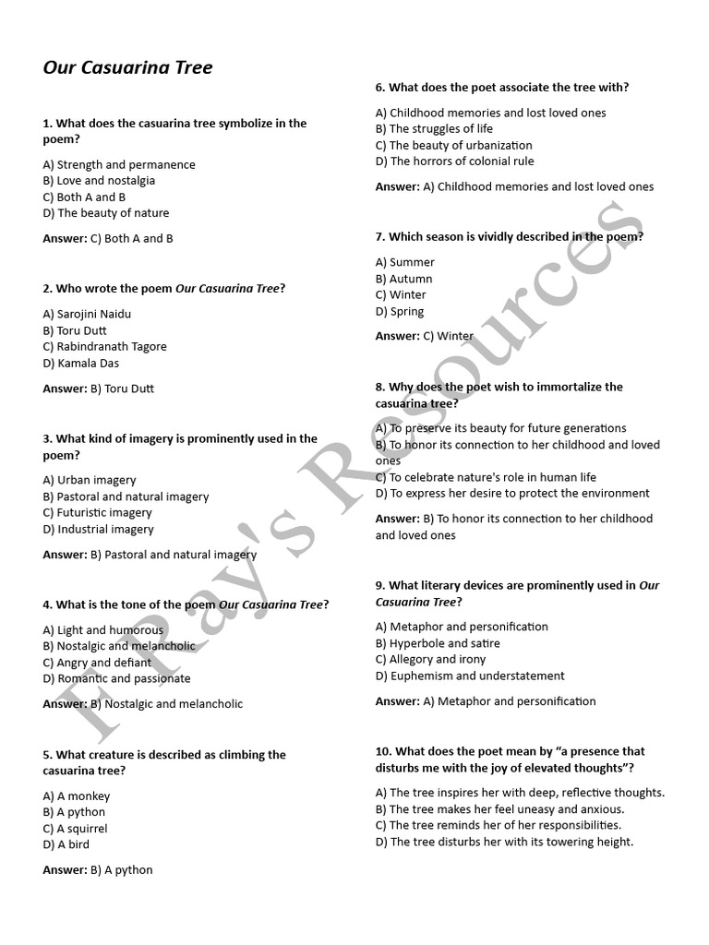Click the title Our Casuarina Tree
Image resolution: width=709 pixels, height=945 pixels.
127,68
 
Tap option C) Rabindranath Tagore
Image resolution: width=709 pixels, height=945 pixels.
104,347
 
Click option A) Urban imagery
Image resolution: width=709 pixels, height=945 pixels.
89,480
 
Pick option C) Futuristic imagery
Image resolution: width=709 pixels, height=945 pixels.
97,513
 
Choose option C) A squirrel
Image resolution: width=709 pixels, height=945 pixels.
77,829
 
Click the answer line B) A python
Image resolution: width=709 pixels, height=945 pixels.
98,870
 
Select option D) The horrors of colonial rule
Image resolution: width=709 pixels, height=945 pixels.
454,161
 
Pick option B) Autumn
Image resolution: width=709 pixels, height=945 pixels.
403,279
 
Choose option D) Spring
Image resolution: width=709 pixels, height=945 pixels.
400,312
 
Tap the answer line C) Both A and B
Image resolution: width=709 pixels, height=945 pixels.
108,238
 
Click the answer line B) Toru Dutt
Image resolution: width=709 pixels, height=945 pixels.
98,389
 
